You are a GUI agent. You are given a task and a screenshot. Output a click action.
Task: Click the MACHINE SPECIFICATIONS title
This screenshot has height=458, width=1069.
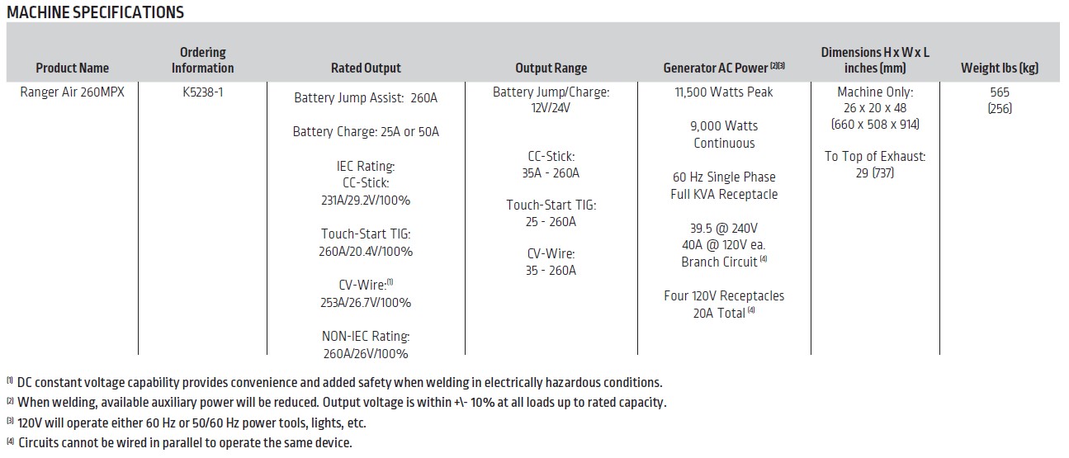click(95, 12)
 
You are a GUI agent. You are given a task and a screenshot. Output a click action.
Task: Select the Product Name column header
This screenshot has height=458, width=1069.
click(72, 68)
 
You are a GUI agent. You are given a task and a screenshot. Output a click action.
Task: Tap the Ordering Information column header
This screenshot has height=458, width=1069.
click(202, 60)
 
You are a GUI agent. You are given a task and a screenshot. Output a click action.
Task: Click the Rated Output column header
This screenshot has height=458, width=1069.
click(366, 68)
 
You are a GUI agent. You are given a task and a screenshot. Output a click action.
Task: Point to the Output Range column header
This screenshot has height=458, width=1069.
click(551, 68)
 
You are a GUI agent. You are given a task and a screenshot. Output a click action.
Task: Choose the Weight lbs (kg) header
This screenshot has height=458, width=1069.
click(999, 68)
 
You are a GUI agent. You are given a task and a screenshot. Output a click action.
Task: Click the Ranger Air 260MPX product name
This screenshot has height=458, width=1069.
click(72, 92)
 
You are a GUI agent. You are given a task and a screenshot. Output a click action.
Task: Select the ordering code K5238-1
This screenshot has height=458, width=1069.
click(202, 92)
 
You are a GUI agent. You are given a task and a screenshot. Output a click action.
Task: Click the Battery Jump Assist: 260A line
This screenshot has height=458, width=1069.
click(366, 98)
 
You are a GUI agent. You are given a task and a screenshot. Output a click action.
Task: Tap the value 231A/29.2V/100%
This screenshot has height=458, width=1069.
click(366, 201)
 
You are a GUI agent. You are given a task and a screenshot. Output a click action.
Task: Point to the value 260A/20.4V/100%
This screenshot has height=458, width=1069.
click(366, 252)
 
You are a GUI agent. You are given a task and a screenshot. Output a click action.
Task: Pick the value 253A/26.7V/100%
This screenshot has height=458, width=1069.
click(366, 303)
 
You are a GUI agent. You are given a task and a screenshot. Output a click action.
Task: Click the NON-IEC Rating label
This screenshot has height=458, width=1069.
click(366, 337)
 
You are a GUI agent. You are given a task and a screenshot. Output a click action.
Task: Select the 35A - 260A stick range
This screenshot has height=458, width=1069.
click(551, 173)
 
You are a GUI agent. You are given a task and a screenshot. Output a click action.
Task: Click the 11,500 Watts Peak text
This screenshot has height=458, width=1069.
click(723, 92)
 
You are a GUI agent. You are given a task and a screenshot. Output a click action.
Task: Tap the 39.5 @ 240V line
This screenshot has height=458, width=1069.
click(723, 228)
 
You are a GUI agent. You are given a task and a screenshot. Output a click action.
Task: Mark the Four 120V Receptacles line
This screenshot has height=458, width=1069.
click(723, 295)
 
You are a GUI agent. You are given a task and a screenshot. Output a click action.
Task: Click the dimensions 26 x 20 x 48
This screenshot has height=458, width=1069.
click(875, 108)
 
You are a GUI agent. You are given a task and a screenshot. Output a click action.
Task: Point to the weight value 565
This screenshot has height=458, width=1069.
click(999, 92)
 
